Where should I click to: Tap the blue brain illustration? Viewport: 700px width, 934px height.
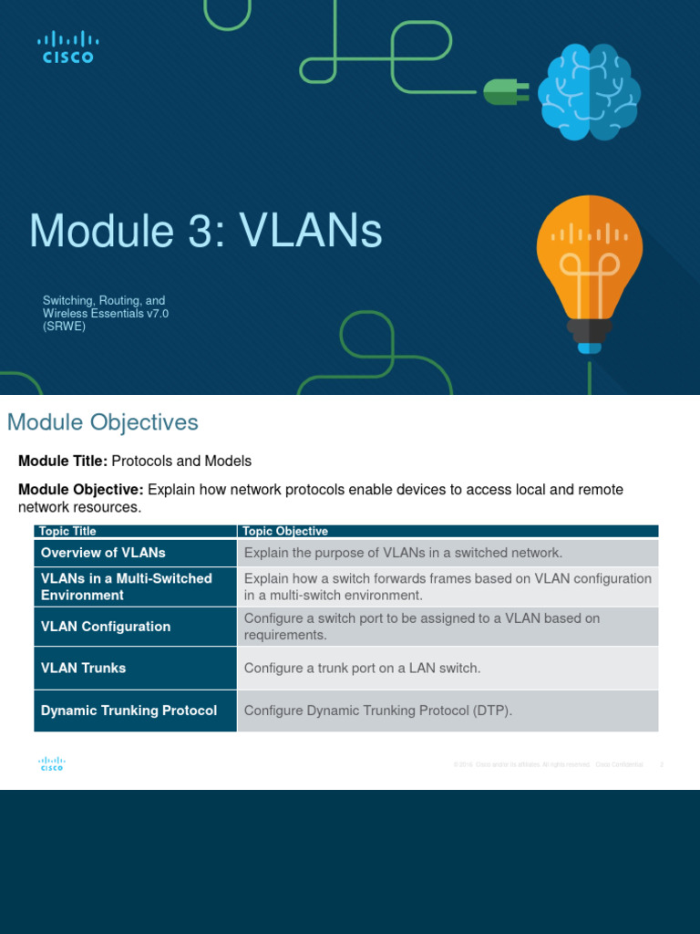[x=588, y=93]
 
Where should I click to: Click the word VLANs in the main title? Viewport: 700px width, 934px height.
[x=312, y=232]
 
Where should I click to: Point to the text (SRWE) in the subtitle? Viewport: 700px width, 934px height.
[x=64, y=327]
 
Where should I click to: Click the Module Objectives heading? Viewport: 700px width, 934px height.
[x=102, y=422]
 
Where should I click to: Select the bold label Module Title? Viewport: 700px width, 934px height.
[x=63, y=462]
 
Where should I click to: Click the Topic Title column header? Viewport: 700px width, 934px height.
[x=68, y=531]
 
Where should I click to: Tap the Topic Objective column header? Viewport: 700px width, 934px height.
[x=286, y=531]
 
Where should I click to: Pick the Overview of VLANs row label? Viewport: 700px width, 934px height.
[x=103, y=553]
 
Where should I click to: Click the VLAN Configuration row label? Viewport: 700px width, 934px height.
[x=106, y=627]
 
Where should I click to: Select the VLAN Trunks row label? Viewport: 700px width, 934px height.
[x=83, y=668]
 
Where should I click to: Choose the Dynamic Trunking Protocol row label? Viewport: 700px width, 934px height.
[x=129, y=711]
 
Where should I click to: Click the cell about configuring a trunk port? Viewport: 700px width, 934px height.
[x=362, y=669]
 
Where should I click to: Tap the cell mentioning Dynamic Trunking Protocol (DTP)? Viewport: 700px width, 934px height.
[x=378, y=711]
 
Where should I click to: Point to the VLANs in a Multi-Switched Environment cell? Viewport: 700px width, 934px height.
[x=126, y=586]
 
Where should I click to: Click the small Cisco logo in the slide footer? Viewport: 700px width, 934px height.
[x=51, y=764]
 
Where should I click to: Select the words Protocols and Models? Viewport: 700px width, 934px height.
[x=181, y=462]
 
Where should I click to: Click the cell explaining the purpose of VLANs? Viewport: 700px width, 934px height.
[x=404, y=553]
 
